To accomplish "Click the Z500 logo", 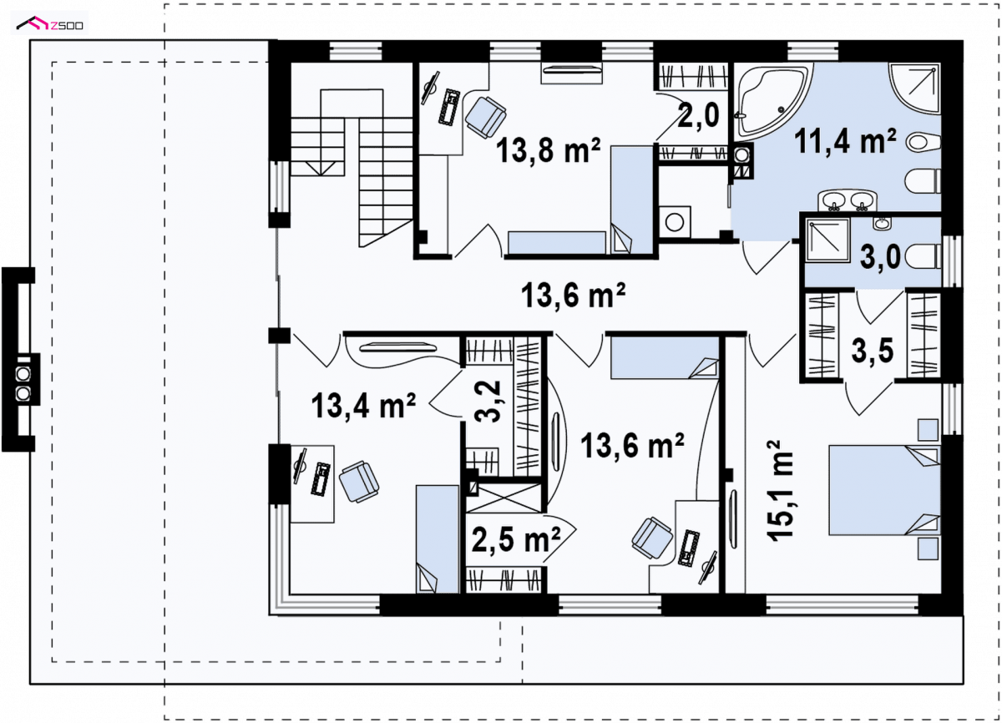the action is [49, 23].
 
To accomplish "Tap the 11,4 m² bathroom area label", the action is [845, 141].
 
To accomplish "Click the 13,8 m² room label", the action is [548, 150].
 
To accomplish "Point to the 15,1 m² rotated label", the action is [780, 491].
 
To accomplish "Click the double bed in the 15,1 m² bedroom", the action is [884, 490].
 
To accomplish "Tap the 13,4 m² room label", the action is [363, 406].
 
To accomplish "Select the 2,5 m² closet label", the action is [516, 539].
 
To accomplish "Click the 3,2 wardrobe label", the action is [487, 401].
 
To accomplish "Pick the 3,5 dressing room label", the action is [873, 351].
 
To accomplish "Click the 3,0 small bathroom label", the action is [880, 257].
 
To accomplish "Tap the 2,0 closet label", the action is [698, 115].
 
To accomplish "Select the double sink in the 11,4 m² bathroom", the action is [848, 200].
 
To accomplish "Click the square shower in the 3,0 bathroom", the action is [827, 240].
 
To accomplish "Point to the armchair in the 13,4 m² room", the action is [359, 481].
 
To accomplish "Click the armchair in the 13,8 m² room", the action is [486, 117].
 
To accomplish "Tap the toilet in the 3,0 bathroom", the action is [923, 256].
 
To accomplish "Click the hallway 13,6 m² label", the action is [573, 295].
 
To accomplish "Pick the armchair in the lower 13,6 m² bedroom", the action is [652, 538].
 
